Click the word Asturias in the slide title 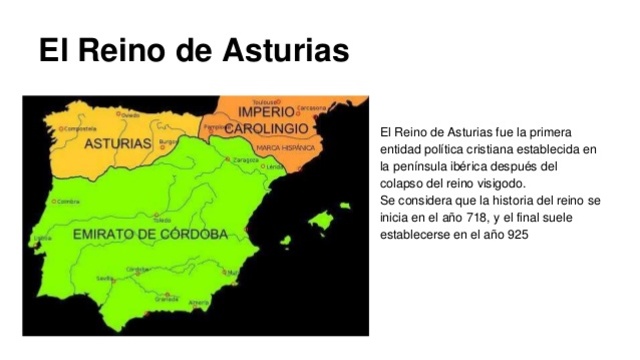pyautogui.click(x=286, y=49)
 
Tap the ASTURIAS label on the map pyautogui.click(x=117, y=144)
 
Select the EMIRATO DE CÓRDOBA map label pyautogui.click(x=151, y=234)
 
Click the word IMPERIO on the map pyautogui.click(x=265, y=112)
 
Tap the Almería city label pyautogui.click(x=199, y=302)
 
